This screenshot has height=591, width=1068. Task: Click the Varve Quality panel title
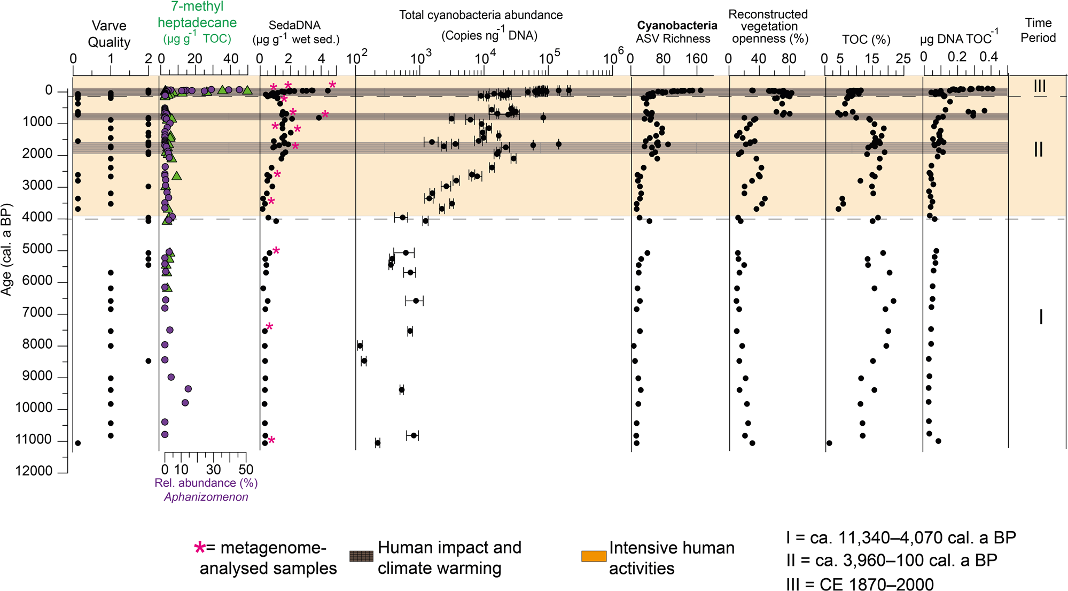click(x=109, y=34)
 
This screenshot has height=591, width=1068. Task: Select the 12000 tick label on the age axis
click(x=34, y=471)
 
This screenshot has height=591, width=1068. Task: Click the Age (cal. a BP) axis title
click(x=6, y=249)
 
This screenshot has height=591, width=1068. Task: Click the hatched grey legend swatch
click(x=361, y=556)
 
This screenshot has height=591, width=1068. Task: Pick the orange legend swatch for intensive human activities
click(x=594, y=556)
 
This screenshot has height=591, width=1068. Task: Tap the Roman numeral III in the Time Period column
click(x=1039, y=86)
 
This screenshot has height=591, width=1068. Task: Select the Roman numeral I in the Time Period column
click(x=1040, y=318)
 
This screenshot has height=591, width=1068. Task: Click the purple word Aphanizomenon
click(x=206, y=497)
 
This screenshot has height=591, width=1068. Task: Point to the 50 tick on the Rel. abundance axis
click(x=246, y=470)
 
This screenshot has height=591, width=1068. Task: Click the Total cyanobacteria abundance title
click(x=481, y=15)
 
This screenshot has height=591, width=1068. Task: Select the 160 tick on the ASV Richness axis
click(x=696, y=58)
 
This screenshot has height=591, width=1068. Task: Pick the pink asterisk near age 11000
click(x=271, y=441)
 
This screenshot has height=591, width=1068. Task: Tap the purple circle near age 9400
click(x=188, y=389)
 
